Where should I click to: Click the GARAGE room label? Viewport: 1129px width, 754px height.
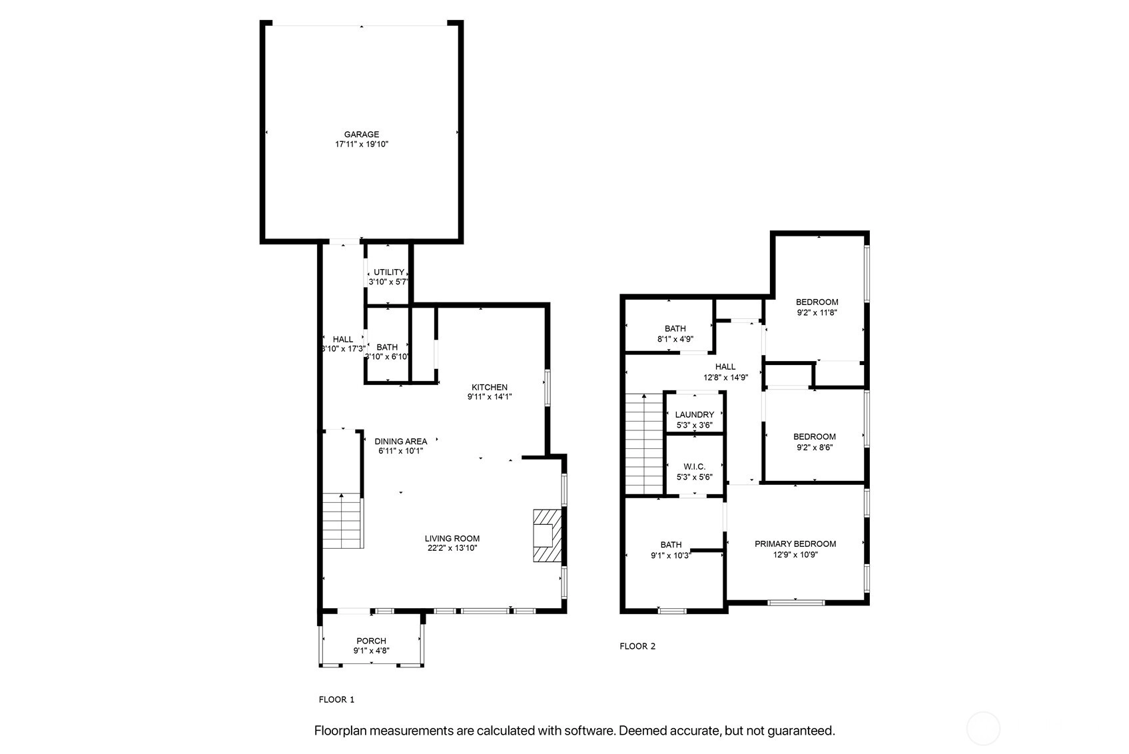[362, 135]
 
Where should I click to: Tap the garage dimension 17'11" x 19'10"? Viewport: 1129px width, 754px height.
[362, 144]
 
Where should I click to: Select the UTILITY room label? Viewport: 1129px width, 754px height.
[388, 272]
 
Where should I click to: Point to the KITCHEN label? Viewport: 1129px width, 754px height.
[490, 387]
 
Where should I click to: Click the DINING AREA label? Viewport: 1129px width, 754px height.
[401, 441]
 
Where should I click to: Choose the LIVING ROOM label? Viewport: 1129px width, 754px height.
[452, 538]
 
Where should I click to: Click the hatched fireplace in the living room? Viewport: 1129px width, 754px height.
[548, 536]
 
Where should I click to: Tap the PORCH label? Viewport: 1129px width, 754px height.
[372, 641]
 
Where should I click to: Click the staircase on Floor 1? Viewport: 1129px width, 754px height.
[342, 522]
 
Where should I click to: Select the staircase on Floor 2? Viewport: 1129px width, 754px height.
[644, 444]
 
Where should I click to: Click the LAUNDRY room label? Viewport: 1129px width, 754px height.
[695, 415]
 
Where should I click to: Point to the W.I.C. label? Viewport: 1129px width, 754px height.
[695, 467]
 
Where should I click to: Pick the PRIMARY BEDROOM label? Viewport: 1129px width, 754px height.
[795, 544]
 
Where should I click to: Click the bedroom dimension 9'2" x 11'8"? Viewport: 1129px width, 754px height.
[817, 312]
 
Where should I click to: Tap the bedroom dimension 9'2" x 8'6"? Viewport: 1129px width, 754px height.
[815, 447]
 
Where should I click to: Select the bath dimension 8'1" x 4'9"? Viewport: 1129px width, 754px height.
[675, 339]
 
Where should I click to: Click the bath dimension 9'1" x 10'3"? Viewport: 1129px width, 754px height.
[671, 556]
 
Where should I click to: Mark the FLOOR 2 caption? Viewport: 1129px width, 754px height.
[637, 646]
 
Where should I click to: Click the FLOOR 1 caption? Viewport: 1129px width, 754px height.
[336, 699]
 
